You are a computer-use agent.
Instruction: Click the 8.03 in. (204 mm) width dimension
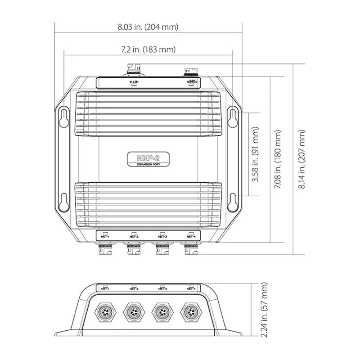tap(148, 27)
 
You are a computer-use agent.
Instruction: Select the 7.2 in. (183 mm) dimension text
tap(148, 49)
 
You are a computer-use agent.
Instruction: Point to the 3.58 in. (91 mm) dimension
tap(256, 154)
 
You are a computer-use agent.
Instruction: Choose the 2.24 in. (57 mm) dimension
tap(264, 310)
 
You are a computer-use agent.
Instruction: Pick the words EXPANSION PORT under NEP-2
tap(148, 165)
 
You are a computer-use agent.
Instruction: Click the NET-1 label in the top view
tap(105, 236)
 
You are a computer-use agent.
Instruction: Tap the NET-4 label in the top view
tap(191, 236)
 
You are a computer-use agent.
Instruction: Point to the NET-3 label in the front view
tap(162, 289)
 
